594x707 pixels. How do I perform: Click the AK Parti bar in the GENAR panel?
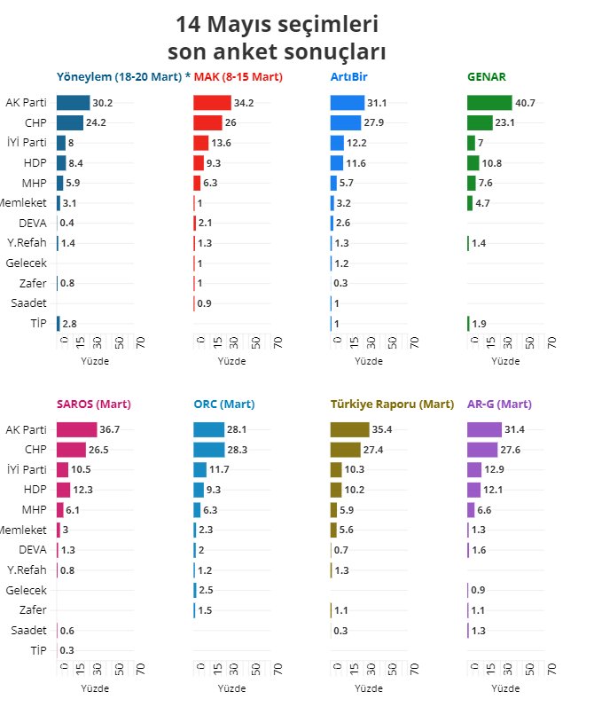click(x=488, y=103)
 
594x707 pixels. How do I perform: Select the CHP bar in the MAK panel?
click(x=207, y=123)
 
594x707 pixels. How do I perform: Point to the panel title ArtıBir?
click(x=348, y=77)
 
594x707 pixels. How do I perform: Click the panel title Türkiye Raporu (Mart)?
click(x=392, y=405)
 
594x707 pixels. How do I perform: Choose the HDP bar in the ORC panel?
click(x=198, y=490)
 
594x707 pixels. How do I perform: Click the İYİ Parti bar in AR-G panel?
click(x=473, y=469)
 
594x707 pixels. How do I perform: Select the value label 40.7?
click(x=526, y=103)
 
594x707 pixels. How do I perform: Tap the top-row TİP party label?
click(x=36, y=324)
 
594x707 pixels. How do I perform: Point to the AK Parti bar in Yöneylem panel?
click(x=73, y=103)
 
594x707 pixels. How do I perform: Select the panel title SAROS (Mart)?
click(x=93, y=405)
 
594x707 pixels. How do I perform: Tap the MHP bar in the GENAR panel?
click(x=471, y=183)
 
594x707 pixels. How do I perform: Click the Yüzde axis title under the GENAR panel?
click(x=504, y=361)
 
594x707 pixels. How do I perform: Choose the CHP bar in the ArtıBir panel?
click(x=345, y=123)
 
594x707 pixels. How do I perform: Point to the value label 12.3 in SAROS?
click(x=82, y=490)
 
